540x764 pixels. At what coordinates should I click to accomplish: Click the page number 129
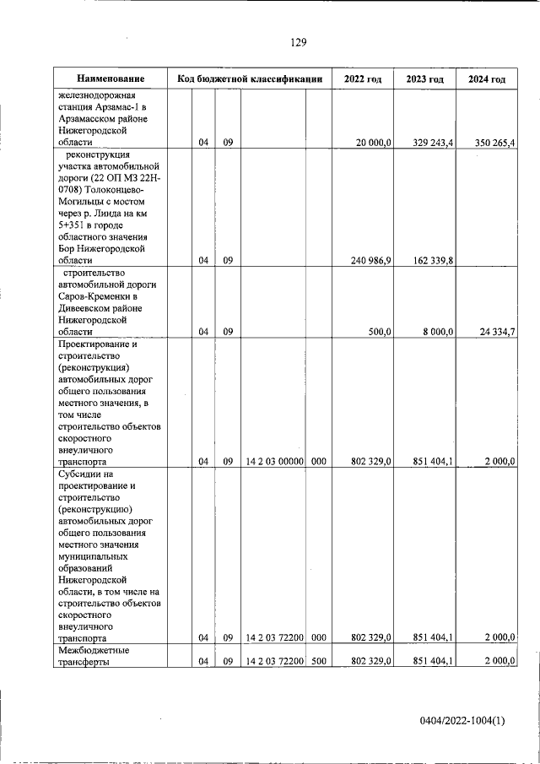click(297, 43)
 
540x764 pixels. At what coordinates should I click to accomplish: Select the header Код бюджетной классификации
click(250, 79)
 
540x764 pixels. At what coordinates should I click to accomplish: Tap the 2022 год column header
click(363, 79)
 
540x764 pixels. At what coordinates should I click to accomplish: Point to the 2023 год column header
click(424, 79)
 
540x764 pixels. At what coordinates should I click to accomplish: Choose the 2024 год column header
click(487, 79)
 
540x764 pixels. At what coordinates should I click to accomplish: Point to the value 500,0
click(379, 333)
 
